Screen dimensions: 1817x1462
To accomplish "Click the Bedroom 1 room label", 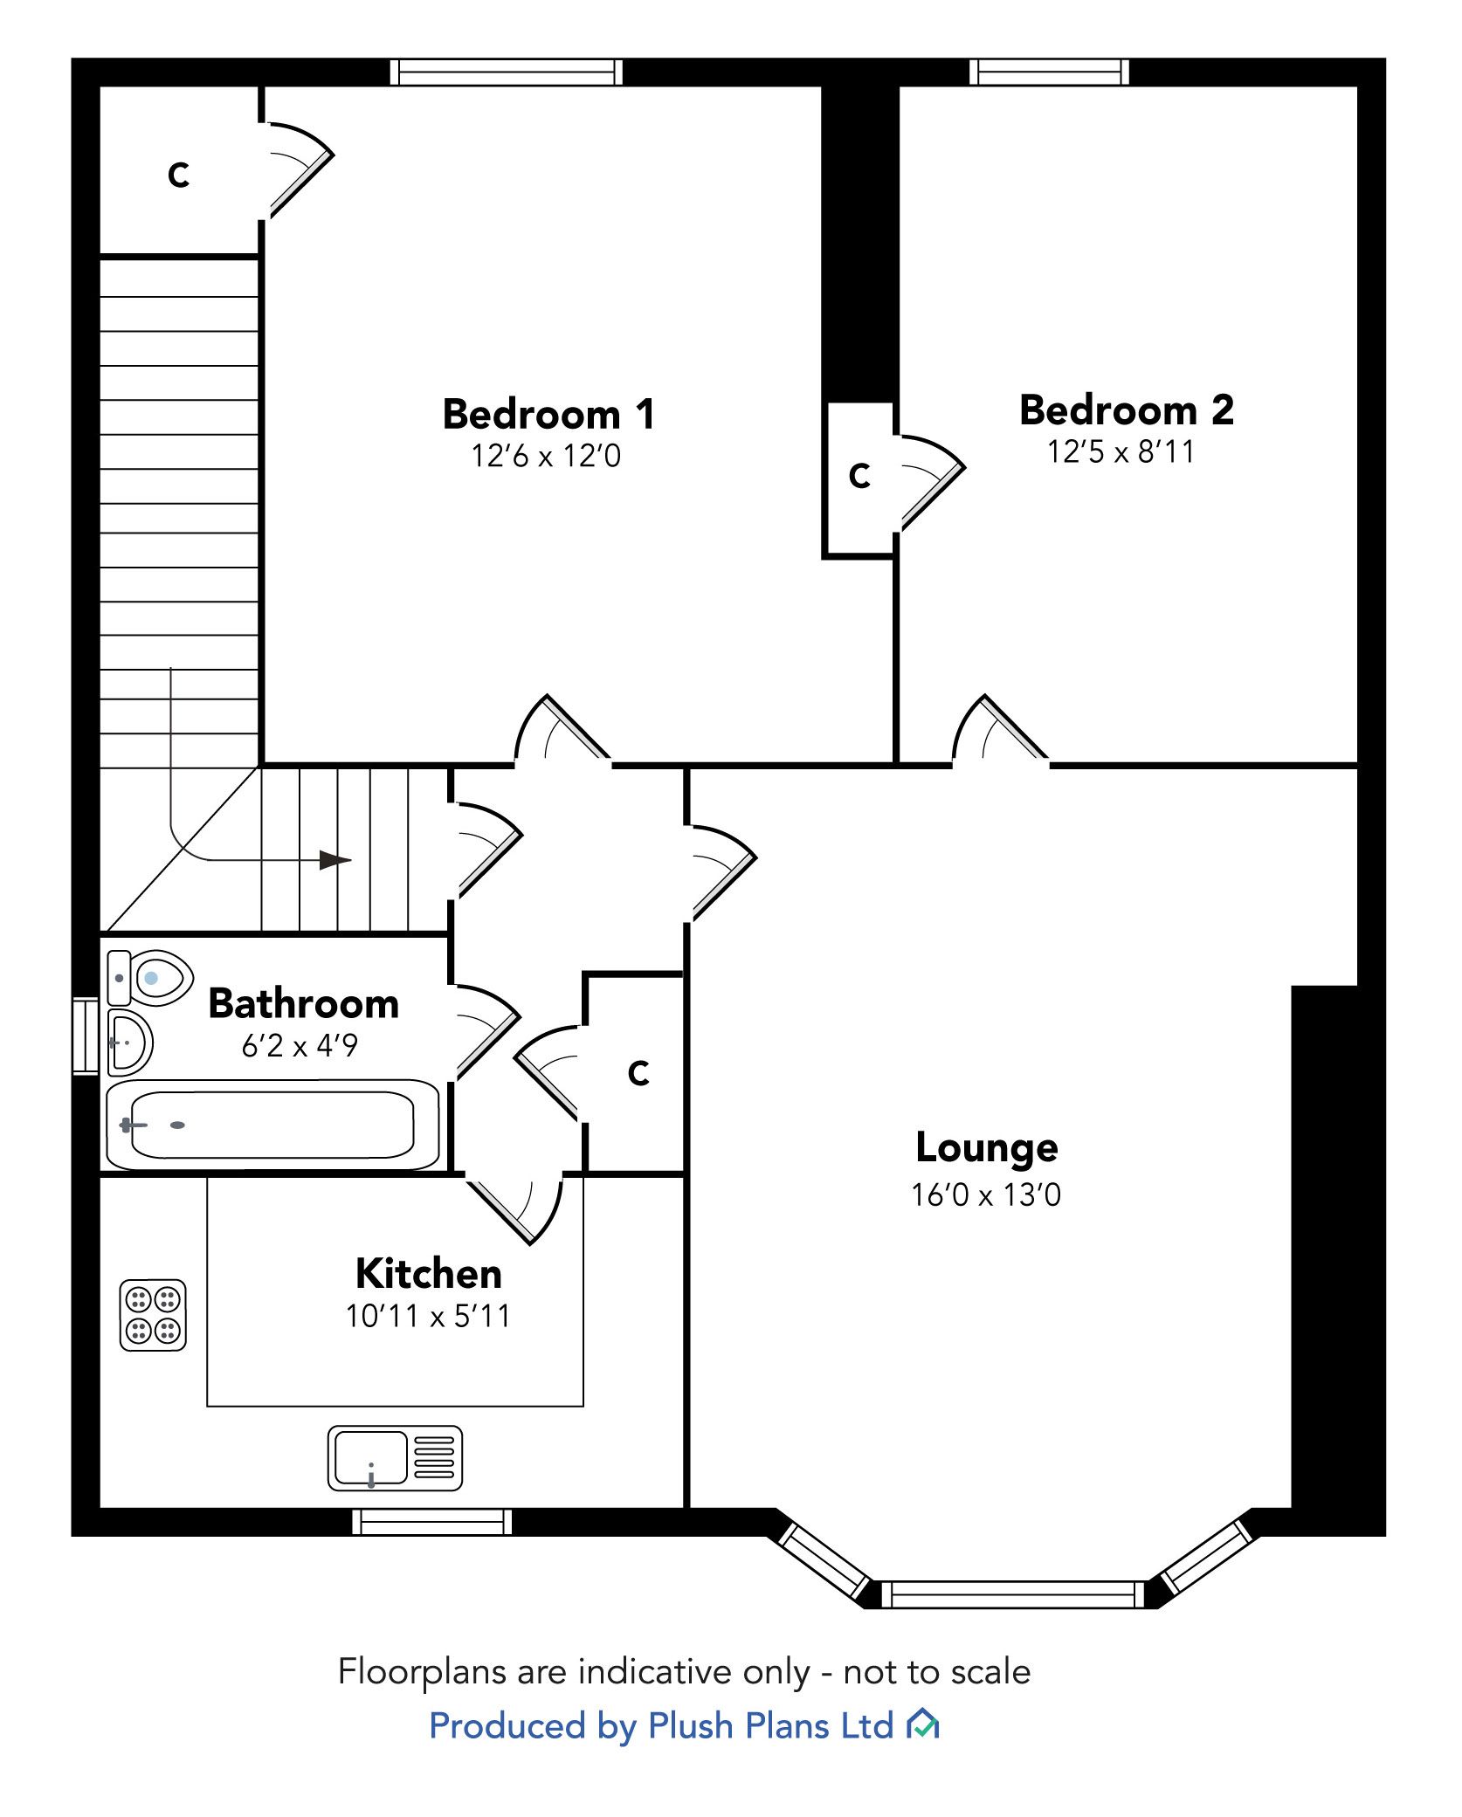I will click(x=548, y=414).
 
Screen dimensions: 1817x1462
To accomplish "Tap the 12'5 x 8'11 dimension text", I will click(x=1121, y=452).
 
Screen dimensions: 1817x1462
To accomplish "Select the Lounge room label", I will click(x=986, y=1148).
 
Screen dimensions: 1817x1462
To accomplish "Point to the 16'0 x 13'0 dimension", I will click(x=986, y=1195).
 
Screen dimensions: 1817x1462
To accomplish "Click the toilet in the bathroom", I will click(x=150, y=978).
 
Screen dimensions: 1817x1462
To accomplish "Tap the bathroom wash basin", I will click(x=129, y=1042).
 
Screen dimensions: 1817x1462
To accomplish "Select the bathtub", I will click(x=272, y=1125).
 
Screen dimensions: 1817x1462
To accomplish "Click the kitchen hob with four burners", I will click(x=153, y=1315).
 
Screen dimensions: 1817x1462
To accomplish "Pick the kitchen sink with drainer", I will click(x=395, y=1458).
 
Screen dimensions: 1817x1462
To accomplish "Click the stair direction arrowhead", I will click(x=334, y=860).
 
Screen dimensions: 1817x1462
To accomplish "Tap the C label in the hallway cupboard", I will click(x=638, y=1073).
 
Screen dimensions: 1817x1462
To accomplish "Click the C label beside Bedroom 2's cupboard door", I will click(x=859, y=476).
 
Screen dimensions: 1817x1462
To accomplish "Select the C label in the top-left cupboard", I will click(x=178, y=176).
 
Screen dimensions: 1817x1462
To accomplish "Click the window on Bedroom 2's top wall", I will click(x=1049, y=72).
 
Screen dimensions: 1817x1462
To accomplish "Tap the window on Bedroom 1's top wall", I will click(x=506, y=72).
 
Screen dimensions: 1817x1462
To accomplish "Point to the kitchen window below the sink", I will click(x=432, y=1522).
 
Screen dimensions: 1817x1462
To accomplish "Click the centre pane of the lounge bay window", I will click(x=1012, y=1594).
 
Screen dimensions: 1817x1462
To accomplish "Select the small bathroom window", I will click(x=86, y=1036).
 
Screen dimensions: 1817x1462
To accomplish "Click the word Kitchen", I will click(x=428, y=1274).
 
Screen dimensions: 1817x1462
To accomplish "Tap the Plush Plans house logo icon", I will click(x=922, y=1725).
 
